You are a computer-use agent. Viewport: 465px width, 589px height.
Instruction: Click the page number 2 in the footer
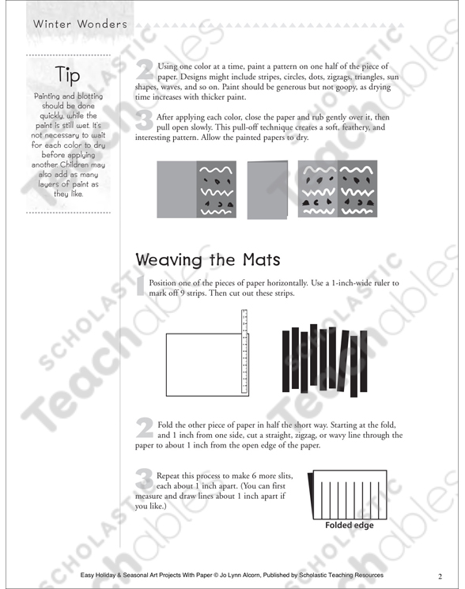[x=439, y=576]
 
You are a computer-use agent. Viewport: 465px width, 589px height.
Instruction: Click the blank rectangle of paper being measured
[x=202, y=364]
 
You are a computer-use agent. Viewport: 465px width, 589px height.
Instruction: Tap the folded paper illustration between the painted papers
[x=268, y=189]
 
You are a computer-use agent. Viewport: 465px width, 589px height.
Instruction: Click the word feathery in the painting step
[x=348, y=126]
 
